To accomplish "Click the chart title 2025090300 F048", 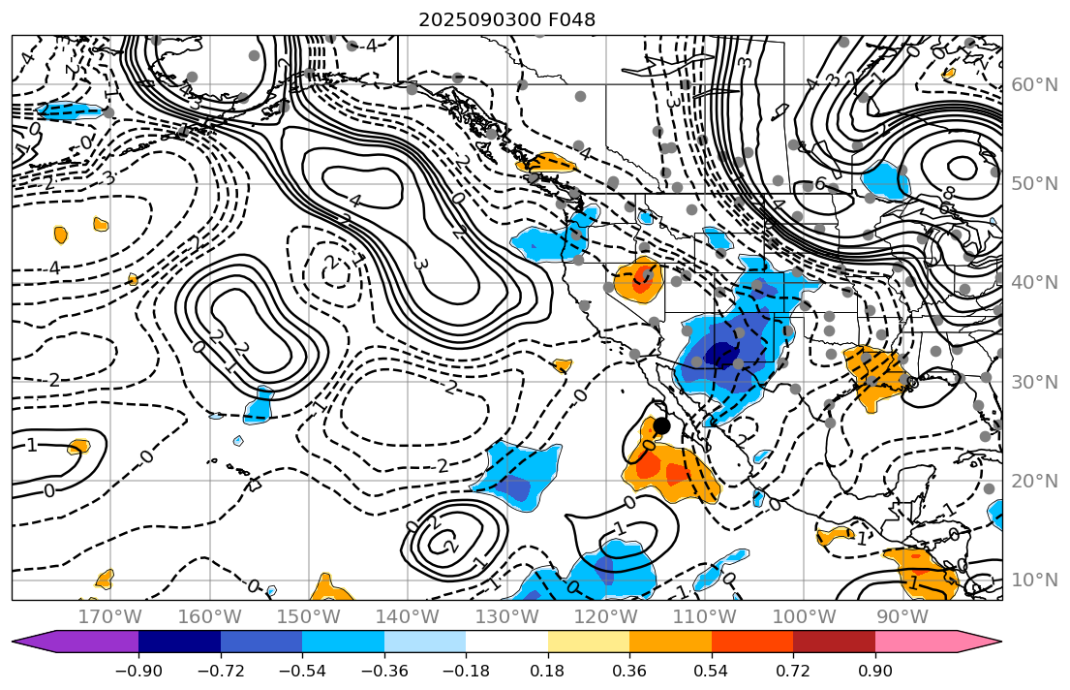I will pyautogui.click(x=506, y=19).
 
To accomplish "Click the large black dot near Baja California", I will pyautogui.click(x=661, y=425).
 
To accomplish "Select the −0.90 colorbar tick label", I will pyautogui.click(x=138, y=672).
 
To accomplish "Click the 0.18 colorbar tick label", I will pyautogui.click(x=548, y=672).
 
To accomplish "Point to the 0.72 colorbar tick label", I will pyautogui.click(x=793, y=672).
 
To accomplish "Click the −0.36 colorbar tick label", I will pyautogui.click(x=384, y=672).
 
